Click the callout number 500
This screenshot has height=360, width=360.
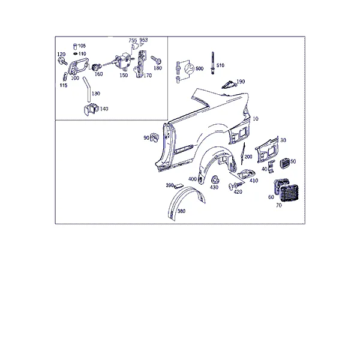tap(199, 68)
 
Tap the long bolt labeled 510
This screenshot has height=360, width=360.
tap(213, 63)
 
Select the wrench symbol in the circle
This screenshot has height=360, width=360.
tap(190, 69)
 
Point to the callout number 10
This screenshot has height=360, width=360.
tap(256, 119)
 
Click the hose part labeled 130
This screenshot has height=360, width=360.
tap(87, 89)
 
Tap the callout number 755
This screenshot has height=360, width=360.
tap(133, 41)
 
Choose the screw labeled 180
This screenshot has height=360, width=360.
tap(157, 60)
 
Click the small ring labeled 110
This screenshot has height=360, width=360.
tap(76, 54)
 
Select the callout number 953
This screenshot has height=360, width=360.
tap(144, 40)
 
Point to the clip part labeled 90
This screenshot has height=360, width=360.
tap(154, 137)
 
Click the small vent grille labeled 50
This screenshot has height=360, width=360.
tap(285, 163)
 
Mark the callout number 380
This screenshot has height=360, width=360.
tap(181, 211)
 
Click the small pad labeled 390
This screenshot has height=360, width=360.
tap(178, 186)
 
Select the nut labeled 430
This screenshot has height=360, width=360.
tap(215, 180)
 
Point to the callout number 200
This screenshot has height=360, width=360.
tap(248, 157)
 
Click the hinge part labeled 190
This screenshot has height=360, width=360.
tap(229, 85)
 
